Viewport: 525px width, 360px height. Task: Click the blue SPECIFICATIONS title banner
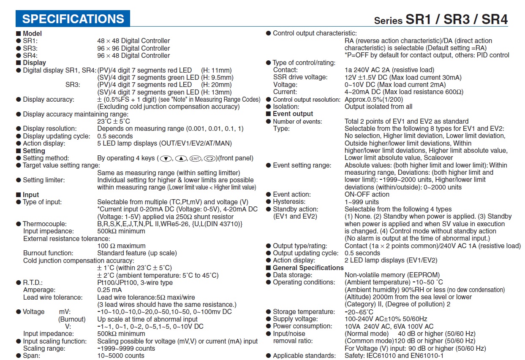73,19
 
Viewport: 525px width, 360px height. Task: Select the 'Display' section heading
34,63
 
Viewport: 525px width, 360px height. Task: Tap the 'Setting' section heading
34,151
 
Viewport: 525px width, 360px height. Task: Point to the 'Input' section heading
31,195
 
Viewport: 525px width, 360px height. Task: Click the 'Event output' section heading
293,114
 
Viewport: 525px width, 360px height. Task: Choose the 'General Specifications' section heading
308,268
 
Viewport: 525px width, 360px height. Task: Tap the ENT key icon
194,159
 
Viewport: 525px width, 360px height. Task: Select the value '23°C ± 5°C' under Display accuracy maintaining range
114,121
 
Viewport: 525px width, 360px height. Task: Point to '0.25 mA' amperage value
109,290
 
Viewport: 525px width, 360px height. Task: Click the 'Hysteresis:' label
289,202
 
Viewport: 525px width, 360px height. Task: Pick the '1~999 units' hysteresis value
362,202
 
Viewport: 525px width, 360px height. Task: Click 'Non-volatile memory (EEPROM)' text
392,275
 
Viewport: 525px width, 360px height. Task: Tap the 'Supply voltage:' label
295,319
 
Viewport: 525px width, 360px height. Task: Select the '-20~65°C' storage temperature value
359,312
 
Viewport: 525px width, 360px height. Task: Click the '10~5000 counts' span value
121,356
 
